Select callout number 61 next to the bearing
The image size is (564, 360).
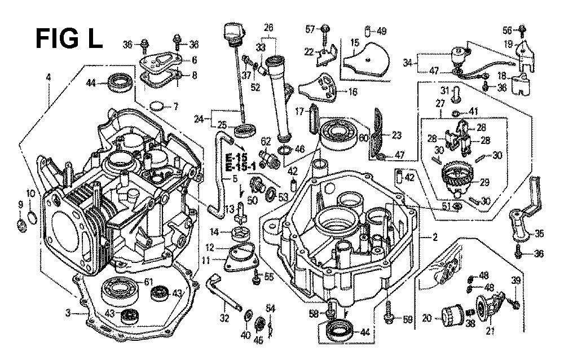tap(148, 282)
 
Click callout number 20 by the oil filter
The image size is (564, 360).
tap(426, 319)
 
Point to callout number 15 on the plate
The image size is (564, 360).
tap(355, 42)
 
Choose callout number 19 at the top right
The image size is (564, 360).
tap(509, 43)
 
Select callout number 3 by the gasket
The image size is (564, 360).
tap(68, 312)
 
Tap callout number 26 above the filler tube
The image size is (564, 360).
tap(268, 27)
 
